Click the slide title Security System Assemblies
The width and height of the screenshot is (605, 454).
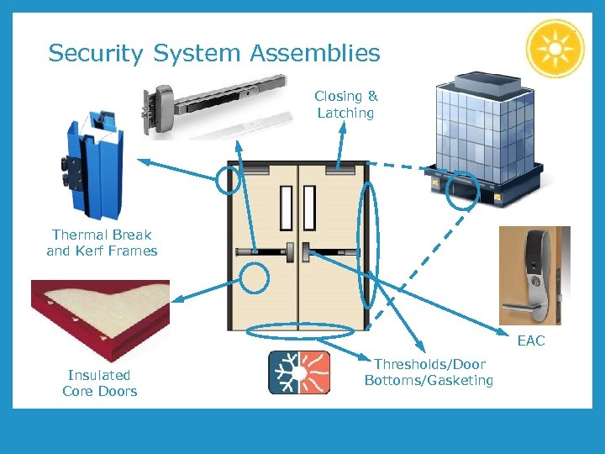(214, 54)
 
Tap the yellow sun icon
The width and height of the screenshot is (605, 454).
(555, 48)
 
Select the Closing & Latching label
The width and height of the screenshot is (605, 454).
(345, 104)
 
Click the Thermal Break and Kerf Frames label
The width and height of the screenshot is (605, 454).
(102, 242)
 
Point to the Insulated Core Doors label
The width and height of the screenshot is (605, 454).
(99, 383)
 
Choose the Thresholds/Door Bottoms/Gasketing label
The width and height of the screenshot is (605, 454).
(429, 372)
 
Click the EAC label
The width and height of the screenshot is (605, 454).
(531, 340)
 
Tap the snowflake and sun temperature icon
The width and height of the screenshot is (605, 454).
(299, 372)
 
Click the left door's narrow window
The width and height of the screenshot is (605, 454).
(286, 208)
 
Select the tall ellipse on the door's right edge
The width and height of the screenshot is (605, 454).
(367, 243)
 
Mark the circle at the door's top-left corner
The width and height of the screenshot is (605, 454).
(228, 179)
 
